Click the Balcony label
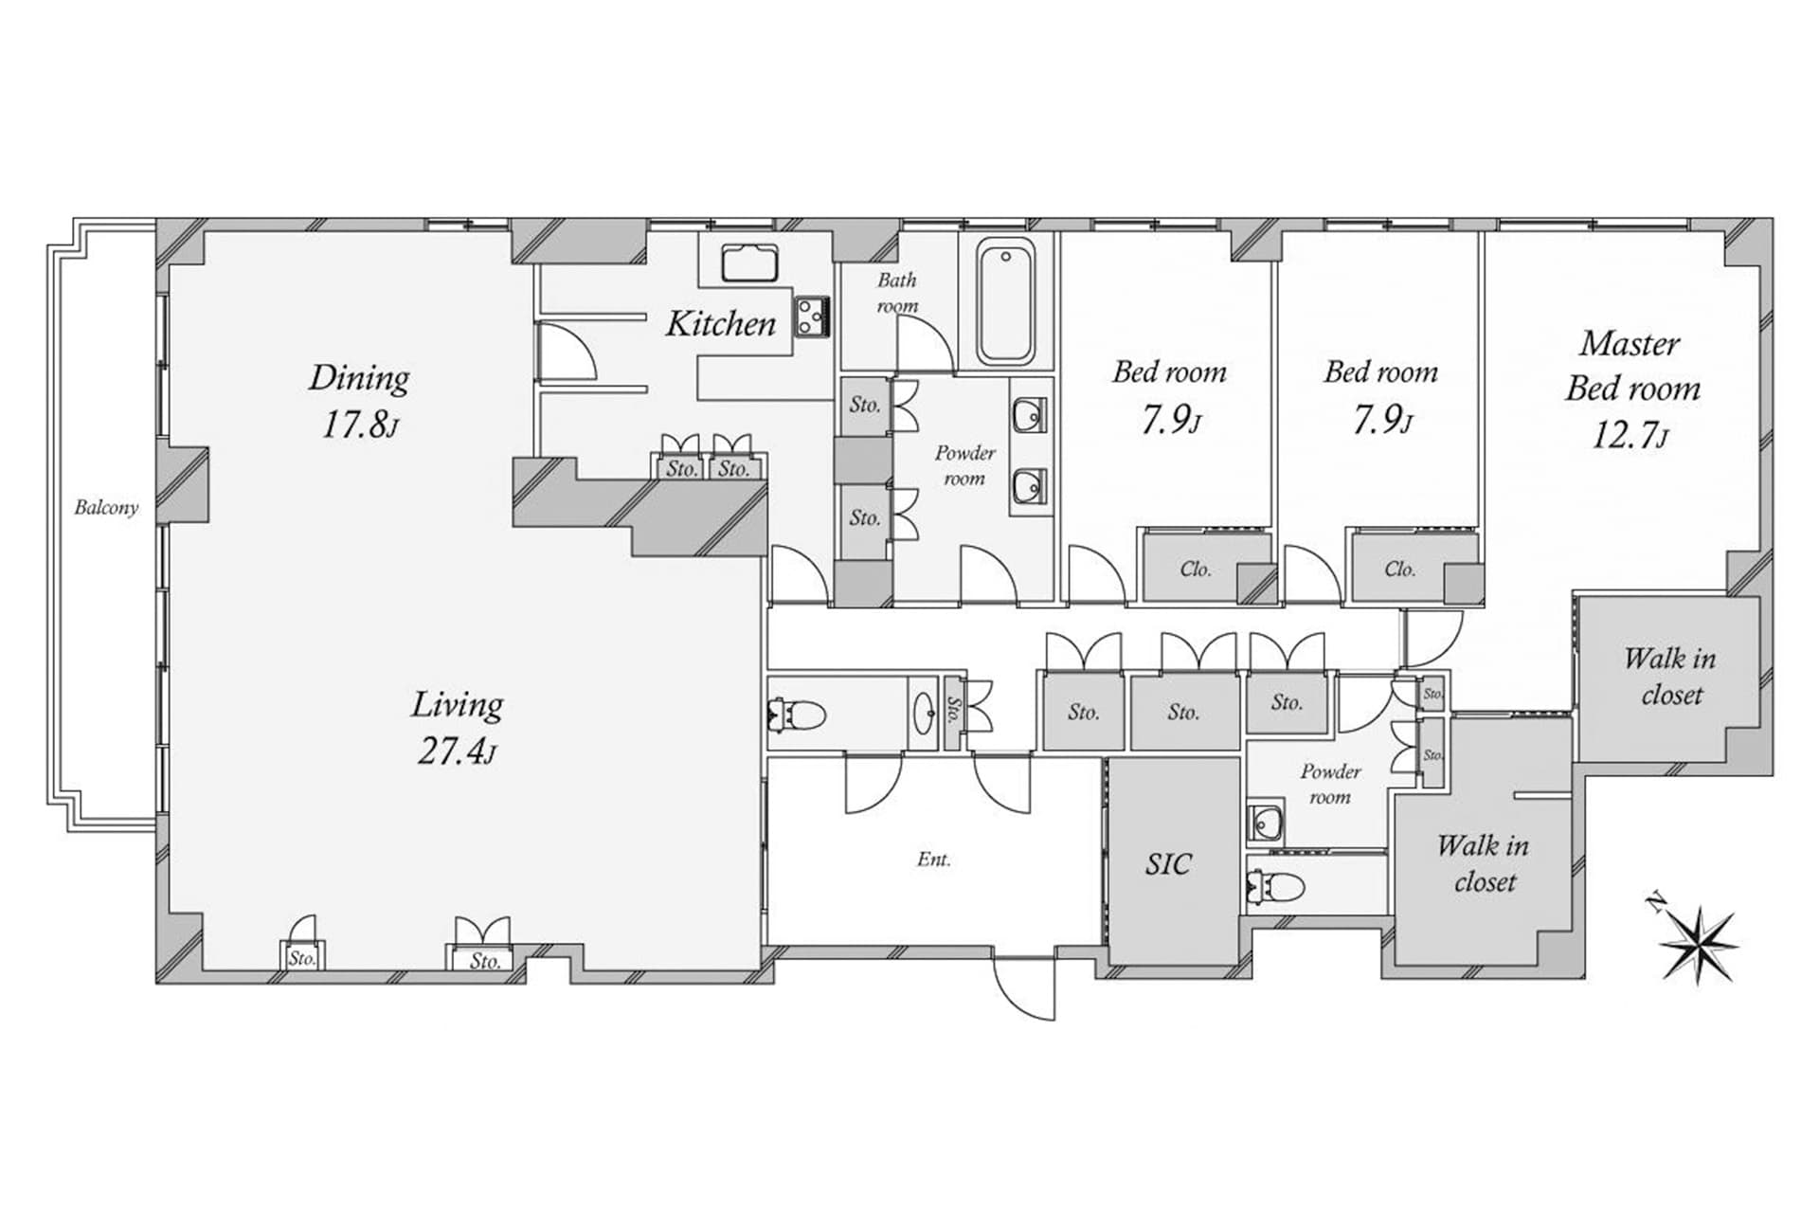pyautogui.click(x=106, y=508)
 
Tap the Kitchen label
pyautogui.click(x=720, y=324)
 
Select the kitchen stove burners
pyautogui.click(x=812, y=317)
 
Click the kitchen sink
pyautogui.click(x=749, y=263)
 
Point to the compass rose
pyautogui.click(x=1700, y=942)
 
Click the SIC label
pyautogui.click(x=1168, y=863)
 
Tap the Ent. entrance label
pyautogui.click(x=934, y=860)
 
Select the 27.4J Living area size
pyautogui.click(x=457, y=751)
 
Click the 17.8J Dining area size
pyautogui.click(x=360, y=425)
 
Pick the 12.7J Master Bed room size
pyautogui.click(x=1629, y=436)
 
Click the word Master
pyautogui.click(x=1629, y=343)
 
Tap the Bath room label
pyautogui.click(x=896, y=292)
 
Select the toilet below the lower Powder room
pyautogui.click(x=1277, y=887)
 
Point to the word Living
pyautogui.click(x=457, y=704)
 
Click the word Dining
pyautogui.click(x=359, y=378)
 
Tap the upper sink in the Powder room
pyautogui.click(x=1030, y=414)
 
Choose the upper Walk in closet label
pyautogui.click(x=1670, y=677)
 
